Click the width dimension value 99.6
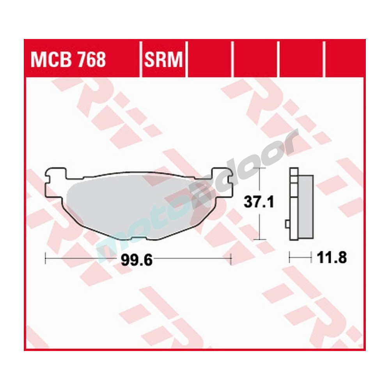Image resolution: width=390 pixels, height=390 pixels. (136, 259)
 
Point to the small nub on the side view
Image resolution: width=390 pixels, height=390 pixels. (287, 223)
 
